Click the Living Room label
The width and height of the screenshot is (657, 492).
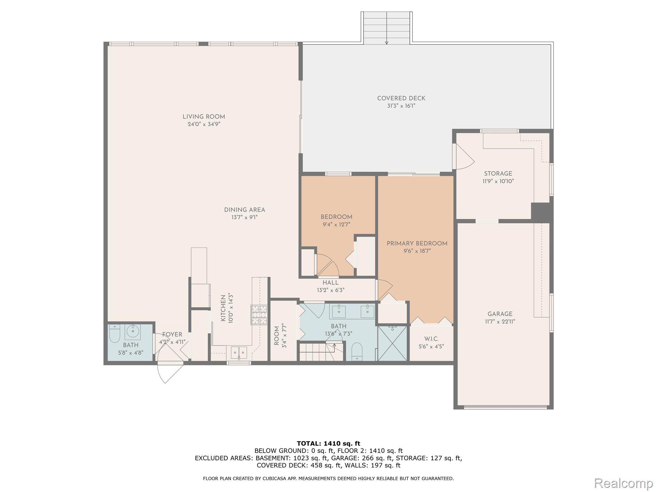204,117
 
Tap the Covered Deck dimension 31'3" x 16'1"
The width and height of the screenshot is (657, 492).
401,106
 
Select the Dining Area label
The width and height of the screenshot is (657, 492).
244,210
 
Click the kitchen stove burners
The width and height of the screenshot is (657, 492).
259,315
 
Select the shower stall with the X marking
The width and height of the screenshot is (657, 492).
392,343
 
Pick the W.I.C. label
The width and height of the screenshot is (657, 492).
431,339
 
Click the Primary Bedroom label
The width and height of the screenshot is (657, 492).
417,243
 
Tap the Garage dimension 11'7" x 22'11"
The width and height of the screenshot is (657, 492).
500,322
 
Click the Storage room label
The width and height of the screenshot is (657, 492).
498,174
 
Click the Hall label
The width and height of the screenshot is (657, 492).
330,283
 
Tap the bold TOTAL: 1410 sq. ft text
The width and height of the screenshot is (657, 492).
328,444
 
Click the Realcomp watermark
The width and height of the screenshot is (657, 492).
623,483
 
